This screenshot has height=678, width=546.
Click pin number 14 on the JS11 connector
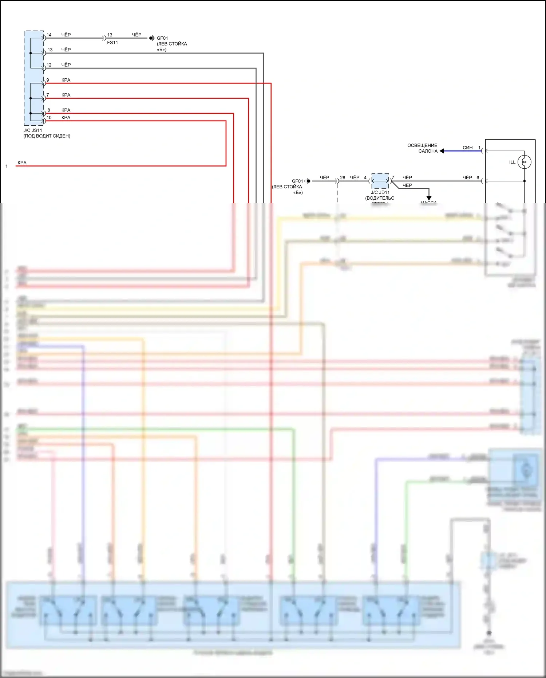[49, 35]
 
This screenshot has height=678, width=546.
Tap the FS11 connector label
[112, 43]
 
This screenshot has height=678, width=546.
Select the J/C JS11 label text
[33, 130]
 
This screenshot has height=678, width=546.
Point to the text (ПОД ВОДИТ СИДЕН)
[47, 136]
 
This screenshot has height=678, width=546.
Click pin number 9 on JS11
[48, 80]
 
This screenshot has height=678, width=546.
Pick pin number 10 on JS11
[49, 118]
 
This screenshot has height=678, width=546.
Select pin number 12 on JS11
[49, 65]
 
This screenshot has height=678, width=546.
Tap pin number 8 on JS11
[49, 110]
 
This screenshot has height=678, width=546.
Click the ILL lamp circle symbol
[524, 162]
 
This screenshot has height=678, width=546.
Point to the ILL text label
[512, 162]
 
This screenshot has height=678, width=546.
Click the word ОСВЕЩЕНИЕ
[422, 145]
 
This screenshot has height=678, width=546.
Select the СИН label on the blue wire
[467, 148]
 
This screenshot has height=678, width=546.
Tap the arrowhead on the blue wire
[442, 151]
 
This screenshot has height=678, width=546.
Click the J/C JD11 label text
[380, 192]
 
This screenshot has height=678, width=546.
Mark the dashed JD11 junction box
[380, 181]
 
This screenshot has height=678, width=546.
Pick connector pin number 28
[343, 178]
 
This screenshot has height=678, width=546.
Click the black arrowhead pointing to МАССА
[429, 198]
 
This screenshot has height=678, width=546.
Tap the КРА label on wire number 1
[22, 163]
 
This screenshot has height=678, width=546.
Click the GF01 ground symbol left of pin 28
[308, 181]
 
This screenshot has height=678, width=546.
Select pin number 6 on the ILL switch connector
[478, 178]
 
